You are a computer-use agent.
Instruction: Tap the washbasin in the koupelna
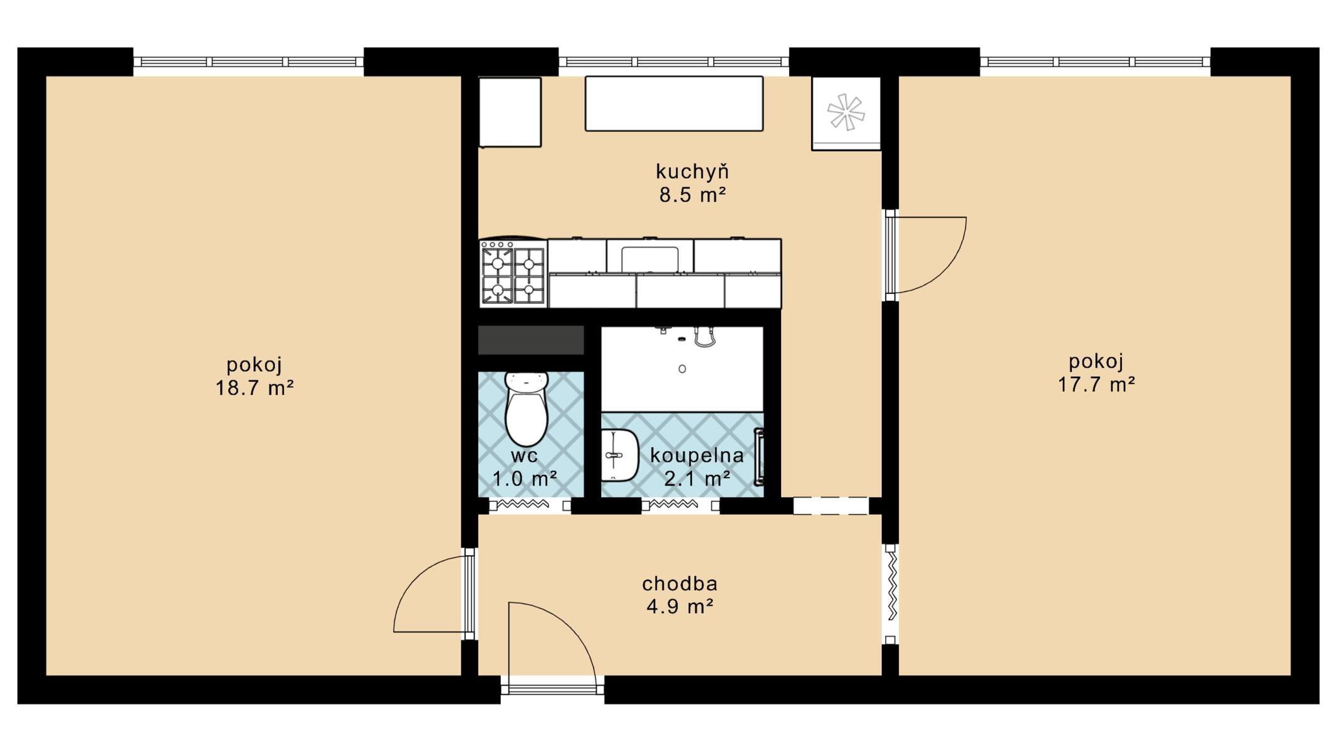[x=619, y=456]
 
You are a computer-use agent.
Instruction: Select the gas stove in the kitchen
[x=513, y=273]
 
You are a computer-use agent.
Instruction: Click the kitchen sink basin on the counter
[x=650, y=258]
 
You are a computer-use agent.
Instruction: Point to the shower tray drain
[x=682, y=369]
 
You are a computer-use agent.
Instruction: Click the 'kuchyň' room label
[x=692, y=171]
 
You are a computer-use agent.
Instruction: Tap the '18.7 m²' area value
[x=254, y=389]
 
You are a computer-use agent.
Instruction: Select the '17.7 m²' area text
[x=1096, y=384]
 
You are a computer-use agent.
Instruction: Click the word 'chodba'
[x=679, y=583]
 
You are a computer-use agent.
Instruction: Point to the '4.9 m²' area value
[x=680, y=607]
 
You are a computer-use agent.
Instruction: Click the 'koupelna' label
[x=697, y=456]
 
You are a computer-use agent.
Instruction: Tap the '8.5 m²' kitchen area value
[x=693, y=195]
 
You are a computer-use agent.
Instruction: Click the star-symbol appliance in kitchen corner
[x=846, y=113]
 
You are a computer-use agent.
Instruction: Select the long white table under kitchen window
[x=674, y=103]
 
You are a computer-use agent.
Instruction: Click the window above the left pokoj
[x=248, y=62]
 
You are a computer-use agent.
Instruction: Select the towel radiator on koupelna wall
[x=758, y=457]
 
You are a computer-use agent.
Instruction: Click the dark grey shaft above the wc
[x=531, y=340]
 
